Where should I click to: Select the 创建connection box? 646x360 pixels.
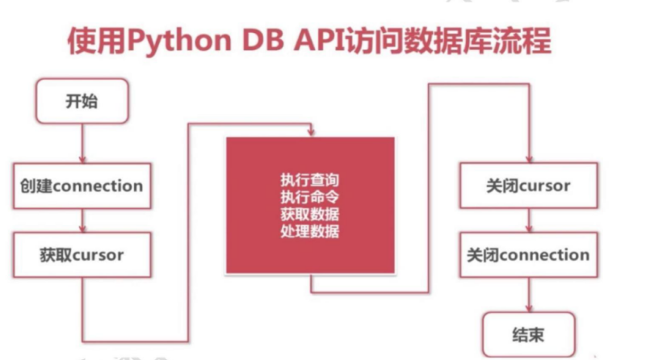[82, 186]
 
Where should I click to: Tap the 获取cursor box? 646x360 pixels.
[82, 255]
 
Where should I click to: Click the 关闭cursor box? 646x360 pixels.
[528, 186]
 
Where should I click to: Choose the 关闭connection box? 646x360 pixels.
[528, 255]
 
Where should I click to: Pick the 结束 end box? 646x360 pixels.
[528, 333]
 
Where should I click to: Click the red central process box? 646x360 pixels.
[310, 205]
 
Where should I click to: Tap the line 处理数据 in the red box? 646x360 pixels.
[310, 231]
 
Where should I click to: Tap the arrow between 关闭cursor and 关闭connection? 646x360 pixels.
[528, 220]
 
